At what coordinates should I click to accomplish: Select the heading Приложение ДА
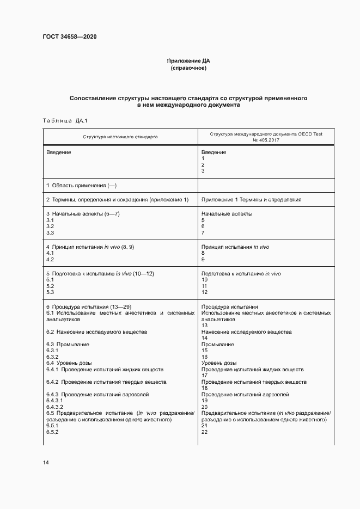click(x=188, y=61)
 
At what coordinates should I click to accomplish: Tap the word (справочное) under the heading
click(x=188, y=69)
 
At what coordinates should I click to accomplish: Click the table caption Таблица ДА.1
click(x=65, y=120)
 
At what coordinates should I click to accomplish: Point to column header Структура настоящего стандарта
click(x=120, y=137)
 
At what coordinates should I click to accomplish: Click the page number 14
click(x=46, y=462)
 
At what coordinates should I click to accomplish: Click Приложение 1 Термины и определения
click(x=251, y=200)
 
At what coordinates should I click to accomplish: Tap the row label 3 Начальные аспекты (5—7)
click(x=83, y=214)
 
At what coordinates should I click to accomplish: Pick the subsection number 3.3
click(x=50, y=233)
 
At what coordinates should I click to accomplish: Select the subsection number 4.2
click(x=50, y=260)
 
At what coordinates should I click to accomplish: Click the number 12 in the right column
click(x=205, y=292)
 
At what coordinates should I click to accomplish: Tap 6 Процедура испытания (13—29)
click(x=87, y=306)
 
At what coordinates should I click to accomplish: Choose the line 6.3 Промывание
click(x=68, y=345)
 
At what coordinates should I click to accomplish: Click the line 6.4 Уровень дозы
click(x=69, y=363)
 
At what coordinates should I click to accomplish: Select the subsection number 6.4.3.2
click(x=55, y=407)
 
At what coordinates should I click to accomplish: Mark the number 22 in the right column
click(x=205, y=432)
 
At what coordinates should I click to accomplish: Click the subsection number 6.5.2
click(x=52, y=432)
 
